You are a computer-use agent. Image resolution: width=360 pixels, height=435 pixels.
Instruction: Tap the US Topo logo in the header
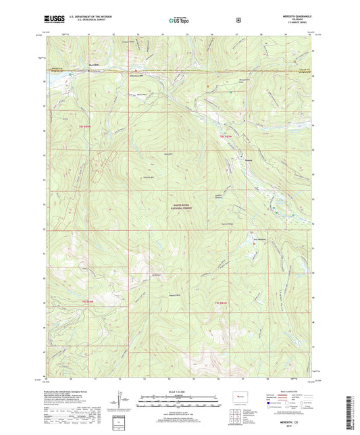point(179,20)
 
